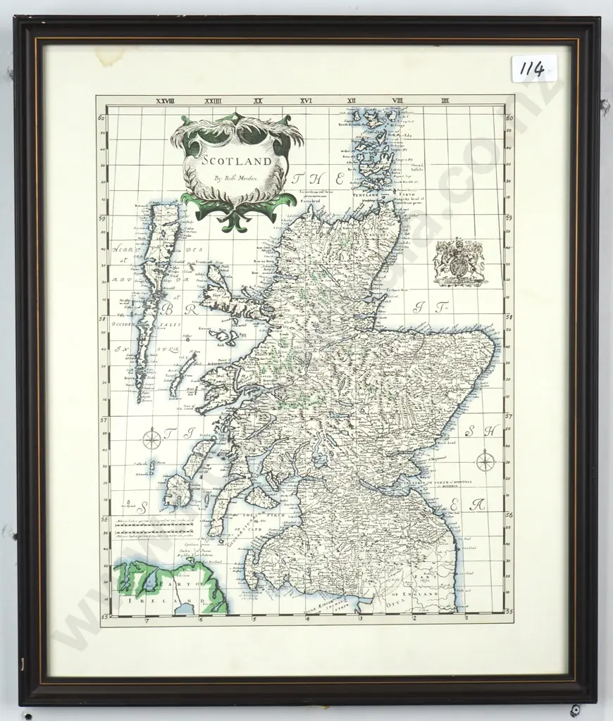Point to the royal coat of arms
pos(459,262)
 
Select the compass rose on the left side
pos(151,441)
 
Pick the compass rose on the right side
pos(485,462)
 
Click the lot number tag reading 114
pos(533,69)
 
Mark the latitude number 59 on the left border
pos(103,218)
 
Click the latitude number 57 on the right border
pos(509,418)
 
